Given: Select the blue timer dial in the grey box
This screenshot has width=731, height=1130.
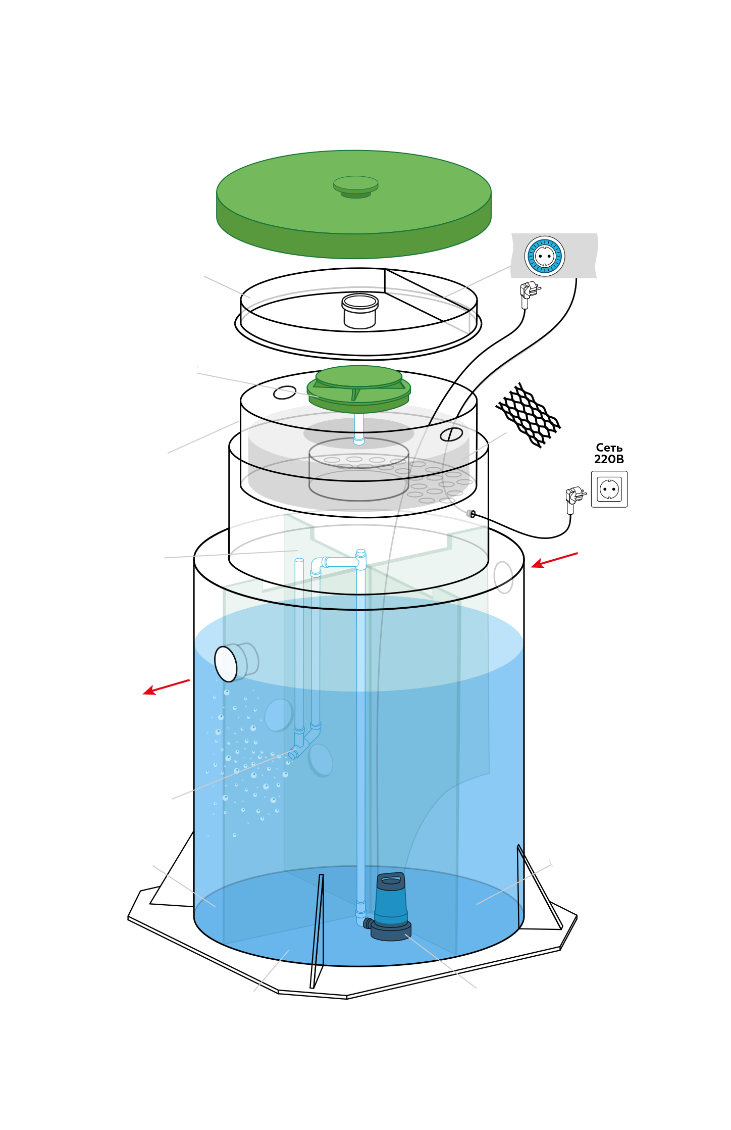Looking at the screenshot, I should [x=544, y=256].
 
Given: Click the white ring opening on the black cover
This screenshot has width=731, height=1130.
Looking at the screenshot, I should [x=360, y=302].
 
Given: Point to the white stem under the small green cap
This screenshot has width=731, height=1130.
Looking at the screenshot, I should [x=358, y=427].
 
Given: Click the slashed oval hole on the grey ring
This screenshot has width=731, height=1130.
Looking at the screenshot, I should [x=451, y=434].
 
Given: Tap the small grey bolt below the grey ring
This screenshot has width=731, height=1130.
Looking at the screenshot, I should [x=471, y=514].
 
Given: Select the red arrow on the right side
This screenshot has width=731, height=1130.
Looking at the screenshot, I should [x=554, y=560].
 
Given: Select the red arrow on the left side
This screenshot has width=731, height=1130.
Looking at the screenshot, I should [x=166, y=687].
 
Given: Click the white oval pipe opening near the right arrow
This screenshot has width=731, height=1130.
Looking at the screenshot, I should [x=503, y=577].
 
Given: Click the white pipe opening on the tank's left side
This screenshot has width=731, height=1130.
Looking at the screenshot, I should [x=226, y=664].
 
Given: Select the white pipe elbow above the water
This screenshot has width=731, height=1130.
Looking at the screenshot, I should [x=318, y=565].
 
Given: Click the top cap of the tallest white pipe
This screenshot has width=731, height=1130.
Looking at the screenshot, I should [x=360, y=552].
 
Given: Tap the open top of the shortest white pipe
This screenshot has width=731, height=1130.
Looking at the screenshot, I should [x=299, y=560].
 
